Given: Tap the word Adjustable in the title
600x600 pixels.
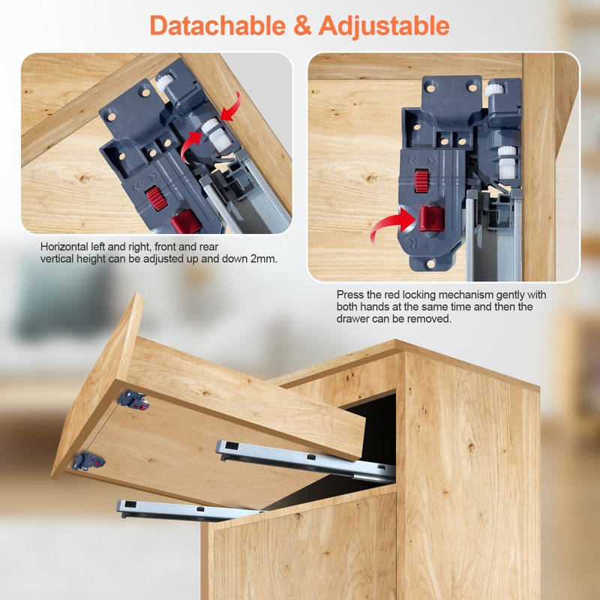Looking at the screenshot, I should pyautogui.click(x=384, y=25).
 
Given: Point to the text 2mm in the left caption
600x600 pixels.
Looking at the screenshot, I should pyautogui.click(x=263, y=259).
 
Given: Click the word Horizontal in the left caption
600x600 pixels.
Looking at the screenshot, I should pyautogui.click(x=66, y=247).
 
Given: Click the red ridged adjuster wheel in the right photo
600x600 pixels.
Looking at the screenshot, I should pyautogui.click(x=421, y=179).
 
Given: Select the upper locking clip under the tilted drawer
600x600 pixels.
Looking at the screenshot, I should pyautogui.click(x=133, y=398).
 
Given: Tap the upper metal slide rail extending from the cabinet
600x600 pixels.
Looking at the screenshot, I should pyautogui.click(x=304, y=458).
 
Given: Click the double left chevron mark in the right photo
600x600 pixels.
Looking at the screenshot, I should pyautogui.click(x=412, y=160).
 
